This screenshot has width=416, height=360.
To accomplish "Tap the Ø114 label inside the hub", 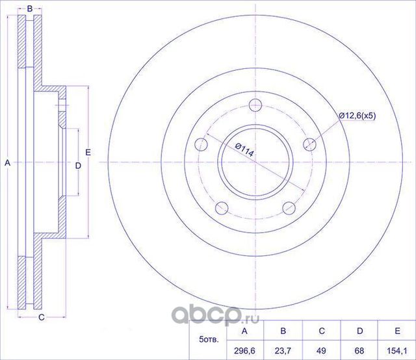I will tap(244, 152).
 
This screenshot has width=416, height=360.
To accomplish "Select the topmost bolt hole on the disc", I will tap(255, 105).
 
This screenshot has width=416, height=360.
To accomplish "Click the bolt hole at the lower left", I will tap(221, 208).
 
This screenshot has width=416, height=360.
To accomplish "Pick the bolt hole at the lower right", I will tap(288, 208).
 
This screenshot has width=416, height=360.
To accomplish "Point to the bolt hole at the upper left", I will tap(201, 144).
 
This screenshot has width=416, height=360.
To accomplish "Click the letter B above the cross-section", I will tap(30, 9).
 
